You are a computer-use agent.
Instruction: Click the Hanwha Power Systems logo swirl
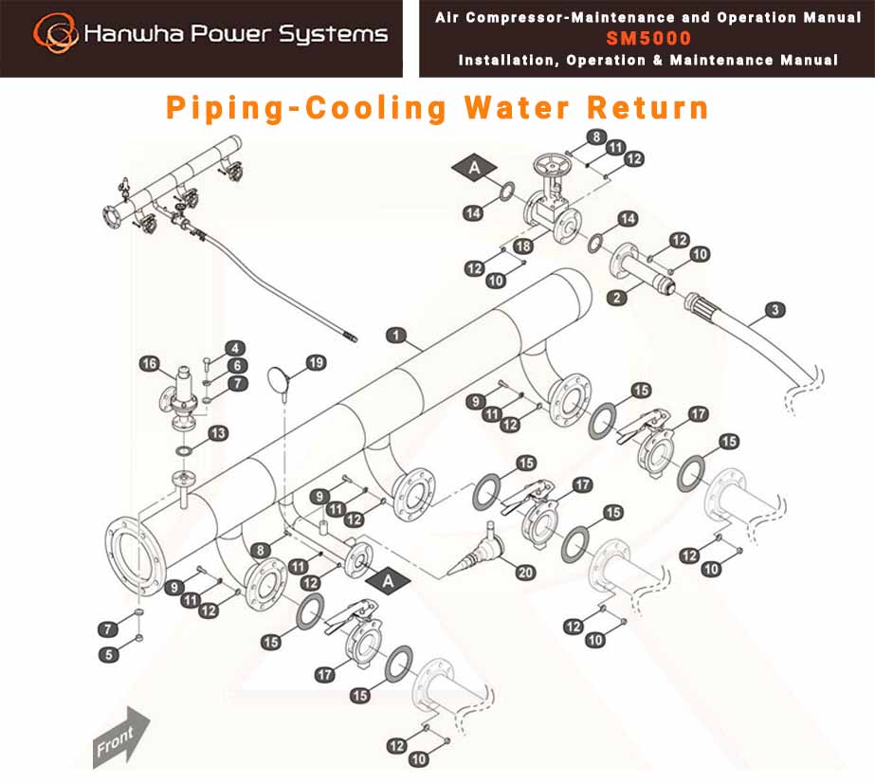click(55, 33)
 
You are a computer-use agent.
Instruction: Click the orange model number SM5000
click(648, 38)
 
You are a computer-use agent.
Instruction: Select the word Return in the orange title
click(647, 108)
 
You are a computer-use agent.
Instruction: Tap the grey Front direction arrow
click(121, 737)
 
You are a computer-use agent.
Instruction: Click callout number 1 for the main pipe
click(395, 336)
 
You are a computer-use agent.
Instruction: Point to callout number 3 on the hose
click(775, 310)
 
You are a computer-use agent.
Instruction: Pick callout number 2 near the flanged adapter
click(616, 298)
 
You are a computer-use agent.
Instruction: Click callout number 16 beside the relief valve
click(149, 364)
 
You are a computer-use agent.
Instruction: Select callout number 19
click(316, 363)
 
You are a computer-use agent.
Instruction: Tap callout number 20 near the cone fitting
click(525, 573)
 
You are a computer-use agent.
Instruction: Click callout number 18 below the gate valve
click(523, 246)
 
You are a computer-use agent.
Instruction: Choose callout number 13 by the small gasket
click(218, 433)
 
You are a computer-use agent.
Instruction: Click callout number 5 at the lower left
click(109, 654)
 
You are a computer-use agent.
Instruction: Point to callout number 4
click(235, 349)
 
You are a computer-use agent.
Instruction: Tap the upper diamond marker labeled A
click(474, 167)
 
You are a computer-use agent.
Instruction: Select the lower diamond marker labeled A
click(388, 581)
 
